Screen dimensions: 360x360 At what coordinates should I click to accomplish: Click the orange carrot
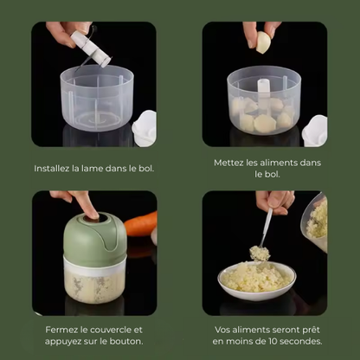pyautogui.click(x=141, y=224)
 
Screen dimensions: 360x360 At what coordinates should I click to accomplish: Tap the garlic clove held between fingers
pyautogui.click(x=264, y=42)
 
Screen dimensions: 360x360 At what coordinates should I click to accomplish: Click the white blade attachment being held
pyautogui.click(x=91, y=48)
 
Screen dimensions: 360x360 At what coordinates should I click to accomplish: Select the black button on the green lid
pyautogui.click(x=93, y=218)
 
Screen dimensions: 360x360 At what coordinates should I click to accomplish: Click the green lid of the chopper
pyautogui.click(x=95, y=237)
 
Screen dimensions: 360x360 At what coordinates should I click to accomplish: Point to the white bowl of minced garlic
pyautogui.click(x=257, y=280)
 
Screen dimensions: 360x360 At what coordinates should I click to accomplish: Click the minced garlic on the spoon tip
pyautogui.click(x=260, y=253)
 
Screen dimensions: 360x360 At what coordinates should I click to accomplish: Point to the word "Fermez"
pyautogui.click(x=59, y=330)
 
